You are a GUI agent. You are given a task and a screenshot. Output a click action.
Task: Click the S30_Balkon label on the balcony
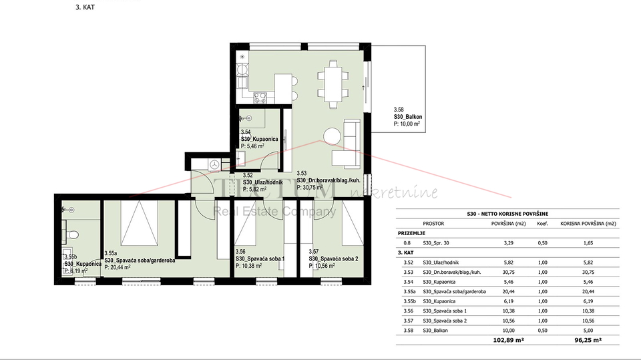(408, 117)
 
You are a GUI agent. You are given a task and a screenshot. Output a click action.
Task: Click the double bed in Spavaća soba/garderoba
(139, 224)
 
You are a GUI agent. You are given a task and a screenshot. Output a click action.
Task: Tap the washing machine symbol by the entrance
(215, 164)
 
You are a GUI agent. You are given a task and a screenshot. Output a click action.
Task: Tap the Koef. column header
(542, 224)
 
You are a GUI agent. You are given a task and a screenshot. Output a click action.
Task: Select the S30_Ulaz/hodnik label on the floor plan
(264, 182)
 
